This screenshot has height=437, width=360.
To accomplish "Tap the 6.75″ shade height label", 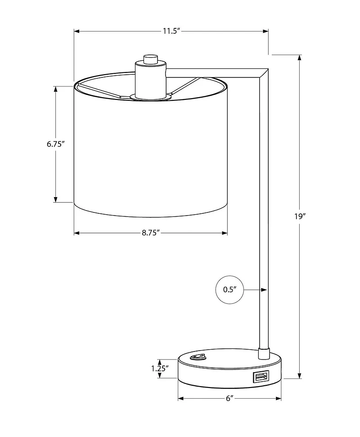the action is tap(56, 144).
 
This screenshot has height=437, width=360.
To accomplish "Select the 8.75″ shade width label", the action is tap(150, 233).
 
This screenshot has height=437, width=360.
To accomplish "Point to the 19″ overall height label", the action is tap(300, 216).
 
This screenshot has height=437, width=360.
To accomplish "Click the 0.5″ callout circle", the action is tap(229, 289).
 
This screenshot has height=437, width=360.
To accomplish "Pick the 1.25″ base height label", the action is tap(160, 369).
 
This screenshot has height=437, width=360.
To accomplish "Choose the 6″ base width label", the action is tap(229, 398).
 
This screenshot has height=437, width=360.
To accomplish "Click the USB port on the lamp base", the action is tap(261, 377).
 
